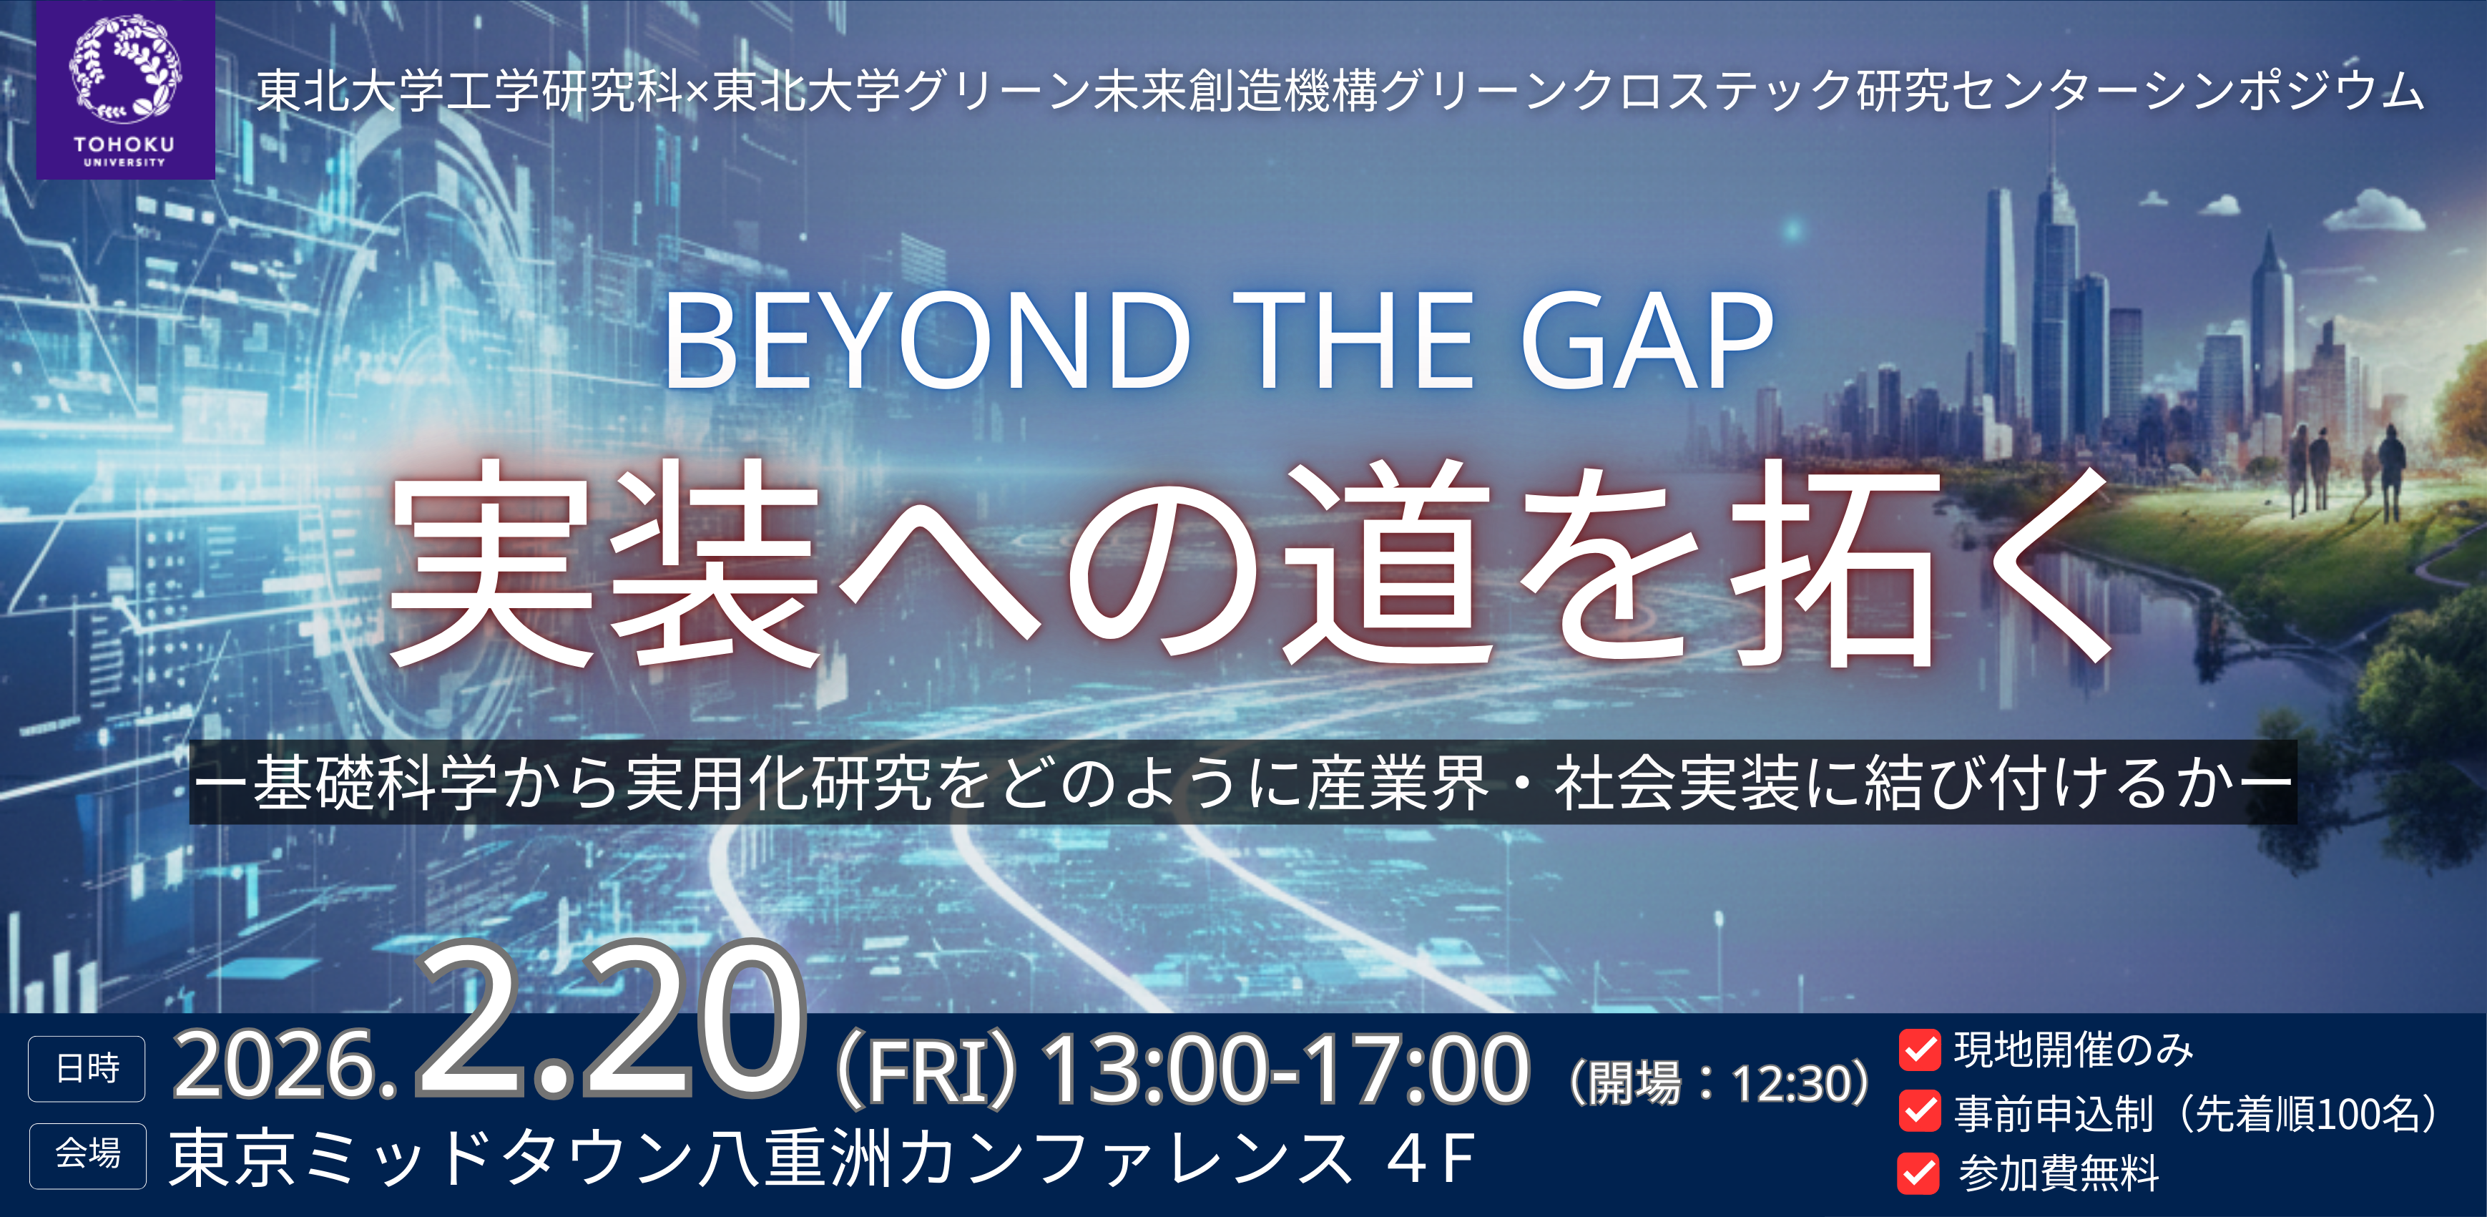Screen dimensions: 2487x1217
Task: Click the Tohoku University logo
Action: point(125,90)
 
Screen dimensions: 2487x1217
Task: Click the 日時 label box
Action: point(87,1068)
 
